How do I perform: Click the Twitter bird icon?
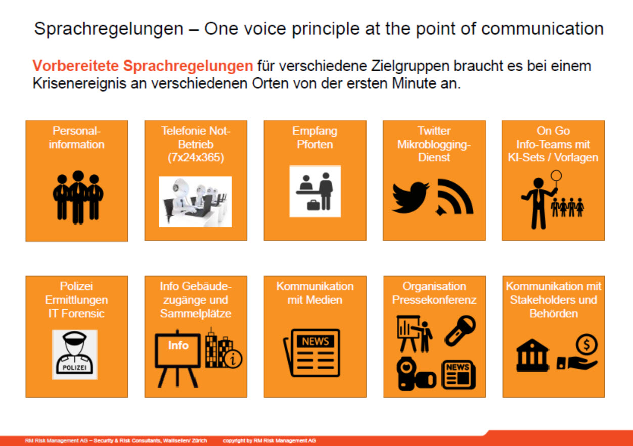click(x=411, y=197)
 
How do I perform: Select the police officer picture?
click(x=75, y=355)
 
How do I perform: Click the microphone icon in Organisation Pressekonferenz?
click(x=460, y=331)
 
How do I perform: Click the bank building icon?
click(x=532, y=355)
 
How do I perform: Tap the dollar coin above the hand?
click(x=586, y=344)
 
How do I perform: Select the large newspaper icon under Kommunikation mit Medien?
click(x=312, y=353)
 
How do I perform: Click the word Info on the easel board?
click(x=178, y=345)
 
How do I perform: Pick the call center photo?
click(x=195, y=202)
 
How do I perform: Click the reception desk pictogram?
click(x=315, y=191)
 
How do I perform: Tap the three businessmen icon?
click(x=78, y=197)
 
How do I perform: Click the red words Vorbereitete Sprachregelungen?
click(x=143, y=66)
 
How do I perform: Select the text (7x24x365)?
click(x=196, y=158)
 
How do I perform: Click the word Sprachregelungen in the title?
click(x=109, y=28)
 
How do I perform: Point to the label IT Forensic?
click(x=76, y=314)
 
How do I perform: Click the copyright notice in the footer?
click(x=269, y=440)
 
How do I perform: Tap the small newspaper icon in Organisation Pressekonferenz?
click(x=459, y=374)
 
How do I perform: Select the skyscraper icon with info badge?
click(x=223, y=349)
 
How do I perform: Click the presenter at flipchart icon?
click(x=414, y=334)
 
